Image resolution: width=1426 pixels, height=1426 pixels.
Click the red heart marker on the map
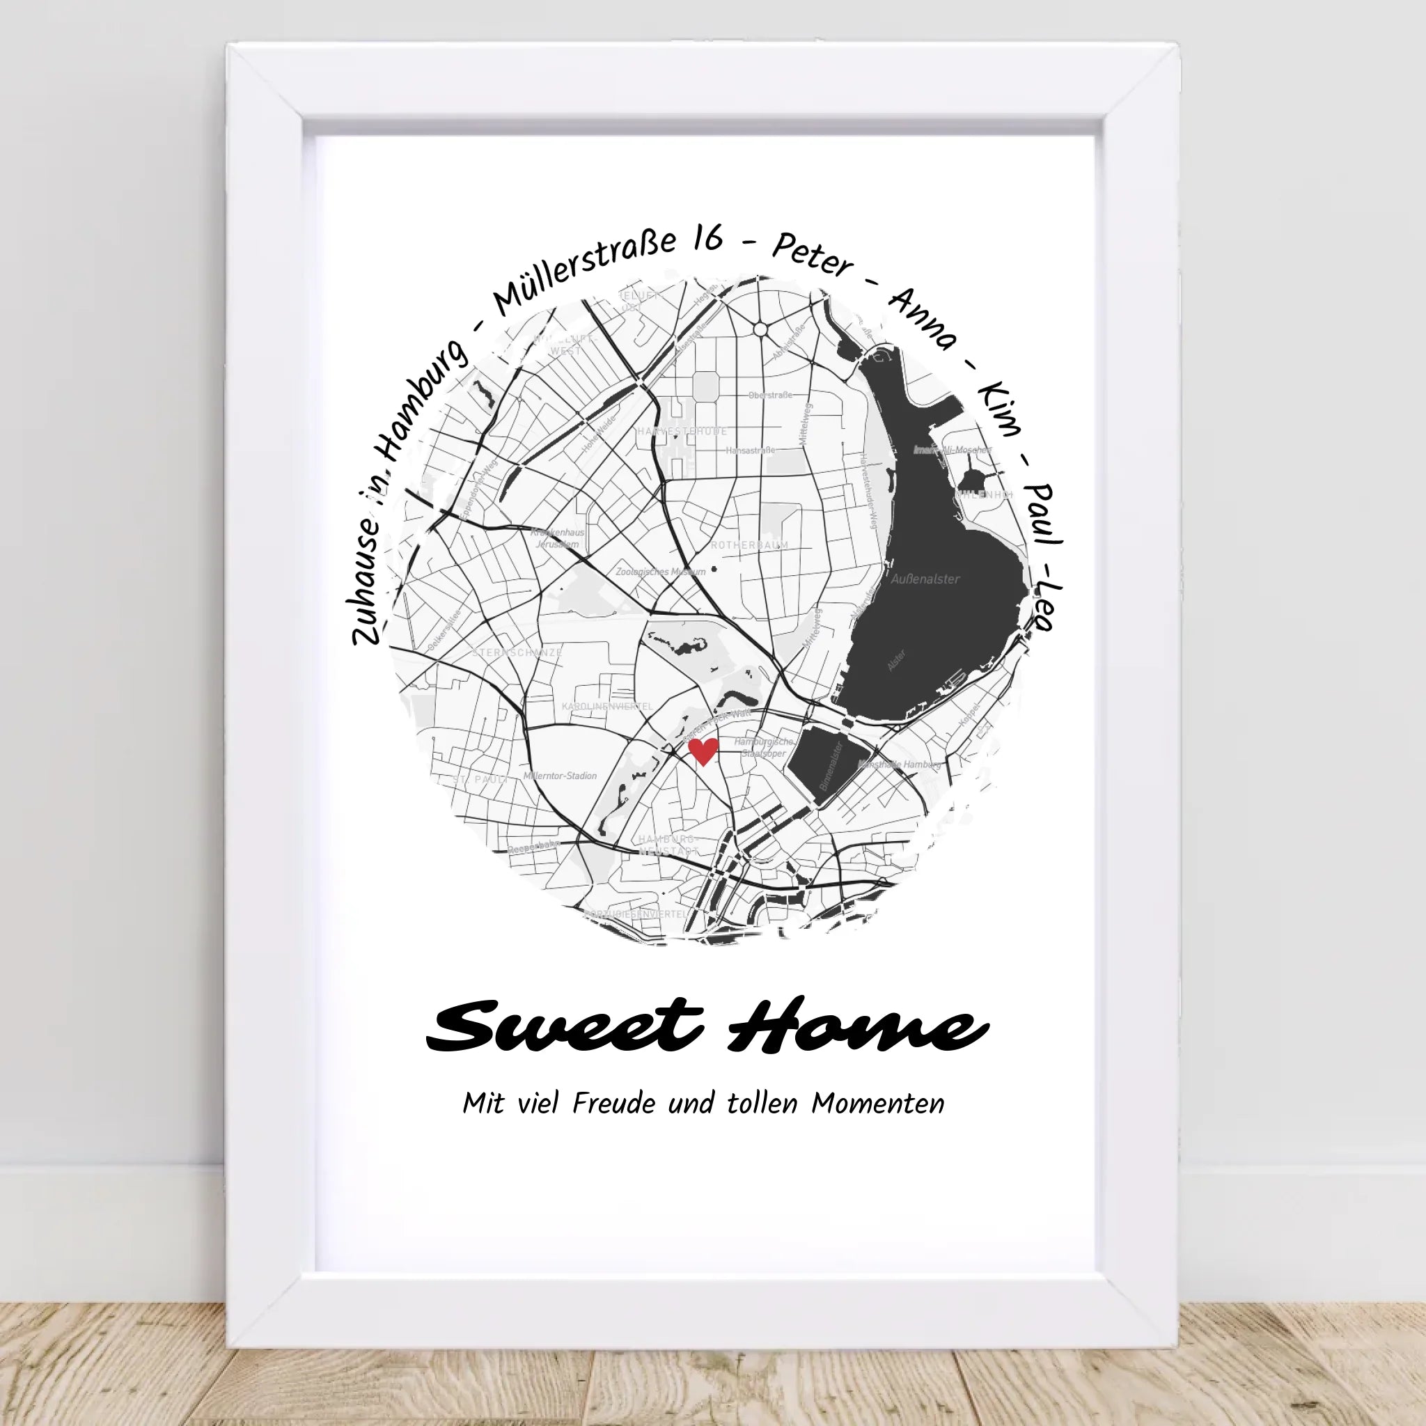tap(702, 751)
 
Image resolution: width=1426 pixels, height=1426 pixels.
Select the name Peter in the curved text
tap(812, 256)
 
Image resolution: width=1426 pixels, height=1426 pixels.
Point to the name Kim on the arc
tap(999, 409)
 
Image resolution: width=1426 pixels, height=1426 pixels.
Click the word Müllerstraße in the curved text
tap(583, 274)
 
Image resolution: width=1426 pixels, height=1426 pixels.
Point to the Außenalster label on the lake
tap(925, 579)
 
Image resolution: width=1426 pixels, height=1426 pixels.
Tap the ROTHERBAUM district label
tap(749, 545)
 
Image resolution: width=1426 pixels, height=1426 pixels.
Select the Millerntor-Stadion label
tap(560, 776)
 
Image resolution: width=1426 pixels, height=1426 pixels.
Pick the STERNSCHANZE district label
tap(517, 652)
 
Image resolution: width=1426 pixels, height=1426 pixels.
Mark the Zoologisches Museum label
tap(661, 571)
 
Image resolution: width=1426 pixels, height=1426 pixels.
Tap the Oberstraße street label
tap(770, 395)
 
